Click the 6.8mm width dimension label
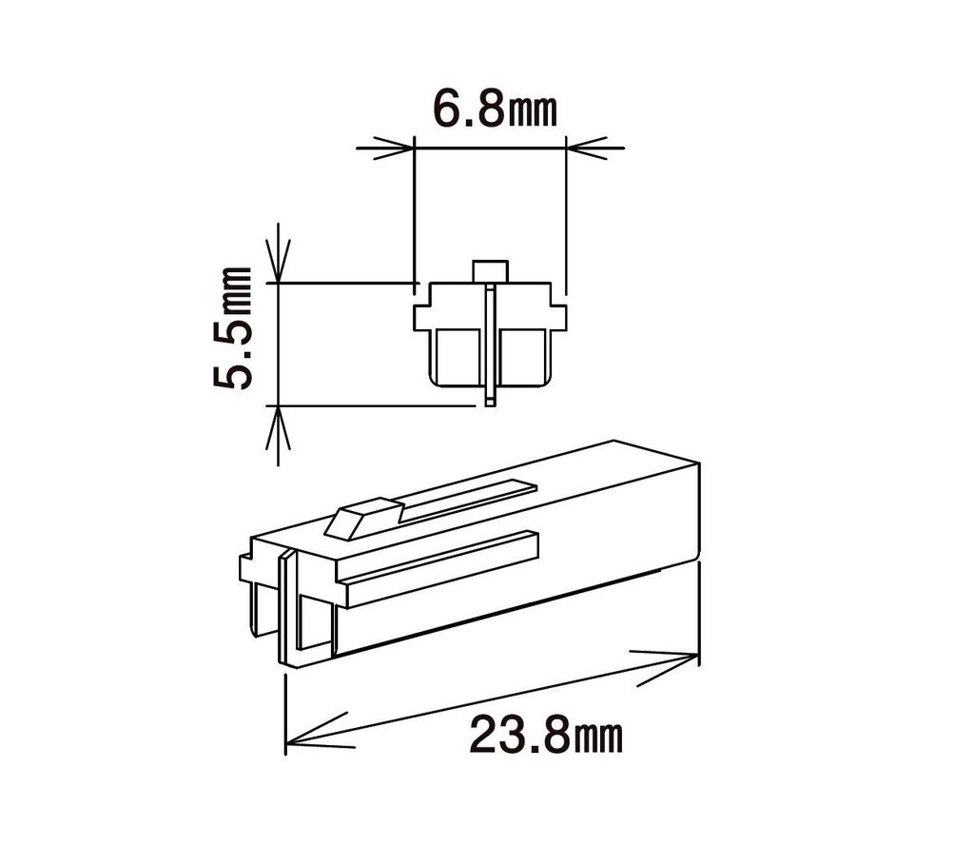point(495,110)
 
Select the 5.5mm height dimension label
point(233,328)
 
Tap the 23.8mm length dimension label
point(545,735)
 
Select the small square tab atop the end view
point(491,271)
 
